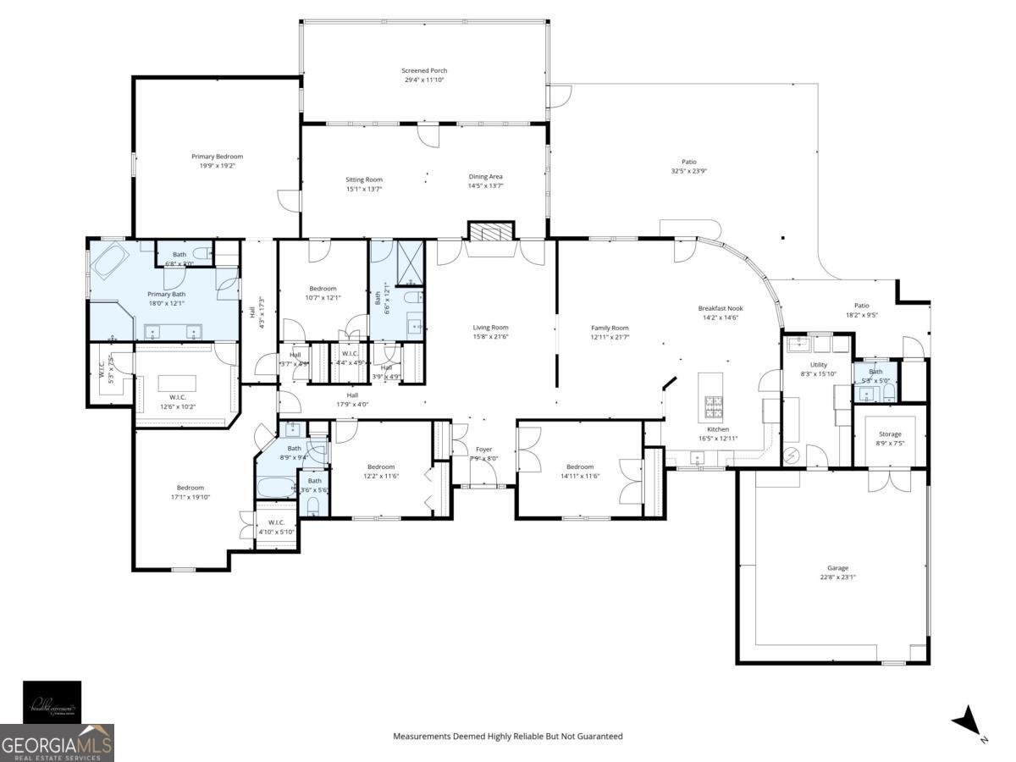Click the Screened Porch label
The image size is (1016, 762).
(x=424, y=70)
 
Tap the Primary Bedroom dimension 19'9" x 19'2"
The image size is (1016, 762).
(x=217, y=166)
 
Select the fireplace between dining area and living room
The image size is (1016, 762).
(x=491, y=233)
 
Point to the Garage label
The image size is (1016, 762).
(x=837, y=568)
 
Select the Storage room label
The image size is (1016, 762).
(x=890, y=434)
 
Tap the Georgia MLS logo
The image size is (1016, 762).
(x=57, y=743)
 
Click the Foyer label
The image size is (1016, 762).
(x=483, y=450)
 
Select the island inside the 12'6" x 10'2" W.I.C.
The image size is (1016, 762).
(x=177, y=384)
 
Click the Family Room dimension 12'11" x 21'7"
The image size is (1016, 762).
(x=610, y=337)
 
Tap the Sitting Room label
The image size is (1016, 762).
(x=364, y=179)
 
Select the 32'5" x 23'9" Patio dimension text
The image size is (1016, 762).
(x=688, y=171)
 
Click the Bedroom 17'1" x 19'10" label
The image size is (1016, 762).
(x=190, y=487)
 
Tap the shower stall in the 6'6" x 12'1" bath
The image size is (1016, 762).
(x=410, y=260)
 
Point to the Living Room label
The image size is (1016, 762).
(x=490, y=328)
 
